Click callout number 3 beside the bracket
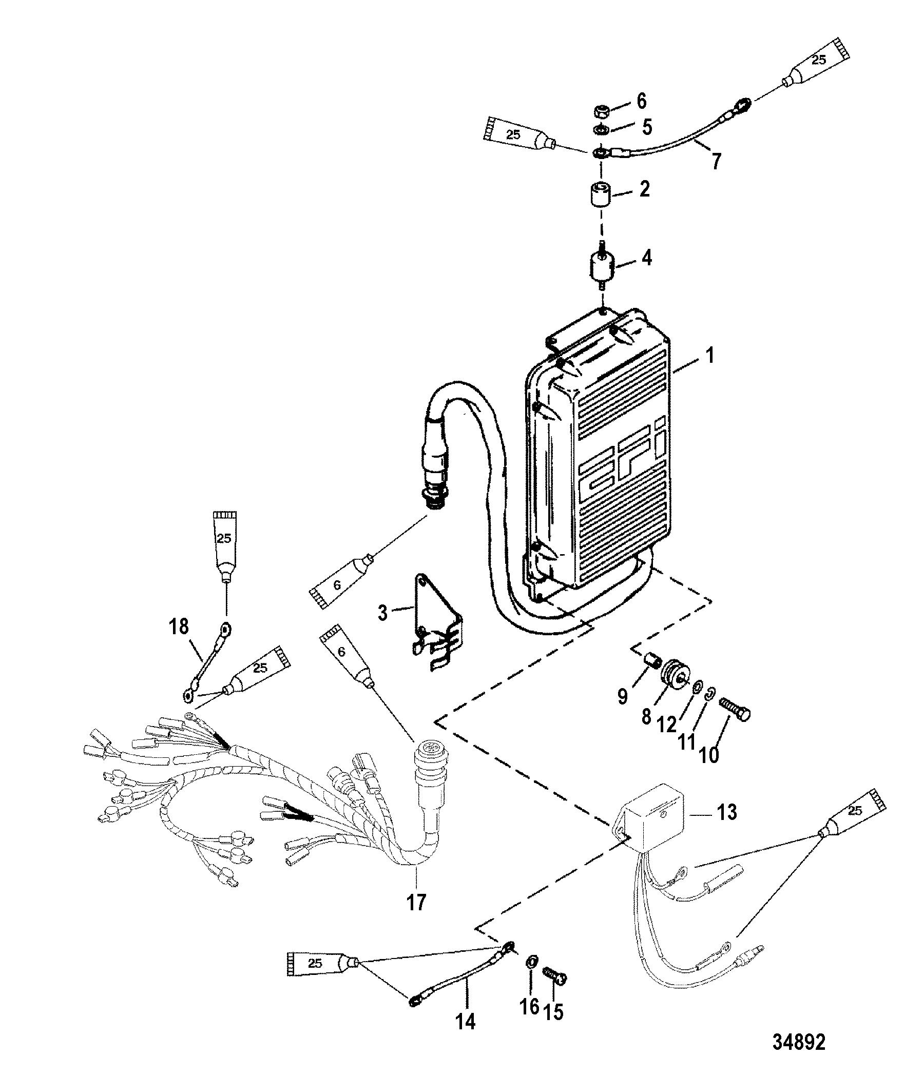pyautogui.click(x=383, y=613)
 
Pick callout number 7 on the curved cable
pyautogui.click(x=715, y=161)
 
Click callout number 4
pyautogui.click(x=647, y=258)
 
